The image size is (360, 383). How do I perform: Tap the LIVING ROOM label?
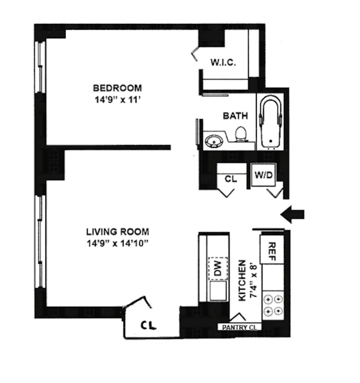(117, 232)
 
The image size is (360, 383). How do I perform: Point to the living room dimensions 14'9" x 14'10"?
(117, 243)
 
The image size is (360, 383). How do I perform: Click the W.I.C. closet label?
(223, 63)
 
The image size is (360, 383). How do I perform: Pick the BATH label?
(235, 116)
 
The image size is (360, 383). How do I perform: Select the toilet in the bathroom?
(240, 134)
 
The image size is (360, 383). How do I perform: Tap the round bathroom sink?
(213, 139)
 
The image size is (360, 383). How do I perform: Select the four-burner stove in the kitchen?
(272, 305)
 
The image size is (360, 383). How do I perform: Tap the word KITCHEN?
(242, 280)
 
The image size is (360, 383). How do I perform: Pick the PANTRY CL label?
(239, 328)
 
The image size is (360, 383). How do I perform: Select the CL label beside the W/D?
(231, 179)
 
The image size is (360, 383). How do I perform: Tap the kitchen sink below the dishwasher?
(218, 292)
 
